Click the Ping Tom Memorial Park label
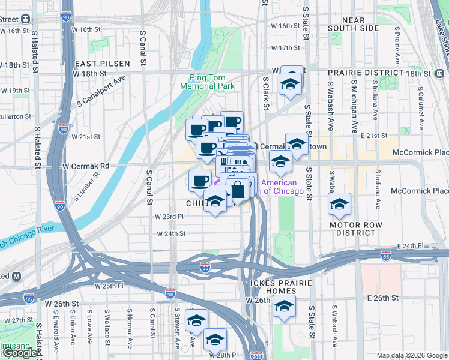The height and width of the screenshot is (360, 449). point(212,82)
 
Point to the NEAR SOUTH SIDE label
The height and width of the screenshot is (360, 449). point(354,24)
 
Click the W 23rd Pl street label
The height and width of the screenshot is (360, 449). point(168,217)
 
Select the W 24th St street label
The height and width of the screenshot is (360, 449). point(171,234)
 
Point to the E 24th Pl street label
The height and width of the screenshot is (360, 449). point(411,246)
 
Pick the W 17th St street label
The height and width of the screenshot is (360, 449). point(285,48)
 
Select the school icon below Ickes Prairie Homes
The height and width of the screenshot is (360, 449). point(283,307)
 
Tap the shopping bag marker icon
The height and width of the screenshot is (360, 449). point(238,190)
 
